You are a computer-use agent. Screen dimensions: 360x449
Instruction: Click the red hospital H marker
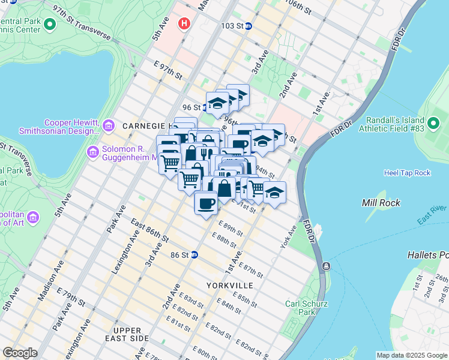(185, 23)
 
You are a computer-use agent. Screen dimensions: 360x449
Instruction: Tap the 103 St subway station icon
(248, 26)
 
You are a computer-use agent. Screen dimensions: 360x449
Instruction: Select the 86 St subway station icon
(194, 254)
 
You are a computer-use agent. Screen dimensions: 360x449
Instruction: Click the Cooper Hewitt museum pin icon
(108, 126)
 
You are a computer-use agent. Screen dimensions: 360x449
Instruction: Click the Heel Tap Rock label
(407, 173)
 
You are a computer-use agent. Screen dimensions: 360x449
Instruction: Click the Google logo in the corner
(20, 353)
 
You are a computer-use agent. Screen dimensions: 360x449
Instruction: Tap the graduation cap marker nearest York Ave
(274, 193)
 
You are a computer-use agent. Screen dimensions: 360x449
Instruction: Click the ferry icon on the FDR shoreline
(325, 266)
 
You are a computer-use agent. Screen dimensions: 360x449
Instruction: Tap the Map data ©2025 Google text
(411, 355)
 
